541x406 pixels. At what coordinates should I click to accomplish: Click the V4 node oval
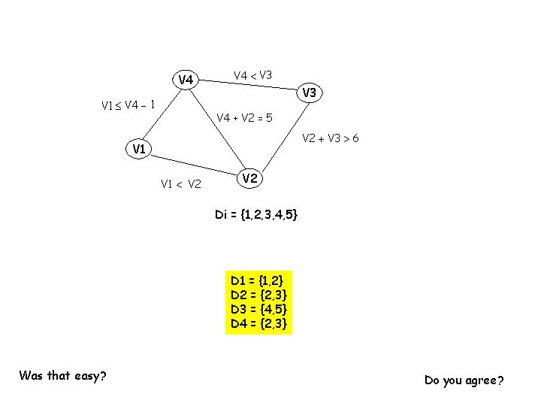point(186,80)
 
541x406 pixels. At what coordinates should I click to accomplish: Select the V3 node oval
point(309,93)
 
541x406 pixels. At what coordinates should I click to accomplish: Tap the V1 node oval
point(138,149)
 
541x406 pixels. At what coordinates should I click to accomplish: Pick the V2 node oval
point(251,178)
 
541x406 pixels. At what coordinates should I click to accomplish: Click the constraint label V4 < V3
point(253,75)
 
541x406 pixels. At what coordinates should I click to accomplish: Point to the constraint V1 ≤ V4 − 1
point(128,105)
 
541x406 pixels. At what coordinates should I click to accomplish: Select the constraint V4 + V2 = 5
point(244,117)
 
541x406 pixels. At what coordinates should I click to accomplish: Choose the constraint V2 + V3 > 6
point(330,138)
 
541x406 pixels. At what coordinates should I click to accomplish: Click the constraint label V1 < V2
point(180,183)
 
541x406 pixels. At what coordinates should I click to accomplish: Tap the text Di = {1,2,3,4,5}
point(256,215)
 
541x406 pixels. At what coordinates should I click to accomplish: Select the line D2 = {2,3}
point(258,295)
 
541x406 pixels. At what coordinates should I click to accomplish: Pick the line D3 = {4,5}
point(258,309)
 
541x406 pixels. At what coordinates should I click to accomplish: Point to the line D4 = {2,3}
point(258,323)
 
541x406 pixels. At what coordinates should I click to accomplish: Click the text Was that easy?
point(62,375)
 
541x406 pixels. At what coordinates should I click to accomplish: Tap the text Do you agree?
point(464,380)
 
